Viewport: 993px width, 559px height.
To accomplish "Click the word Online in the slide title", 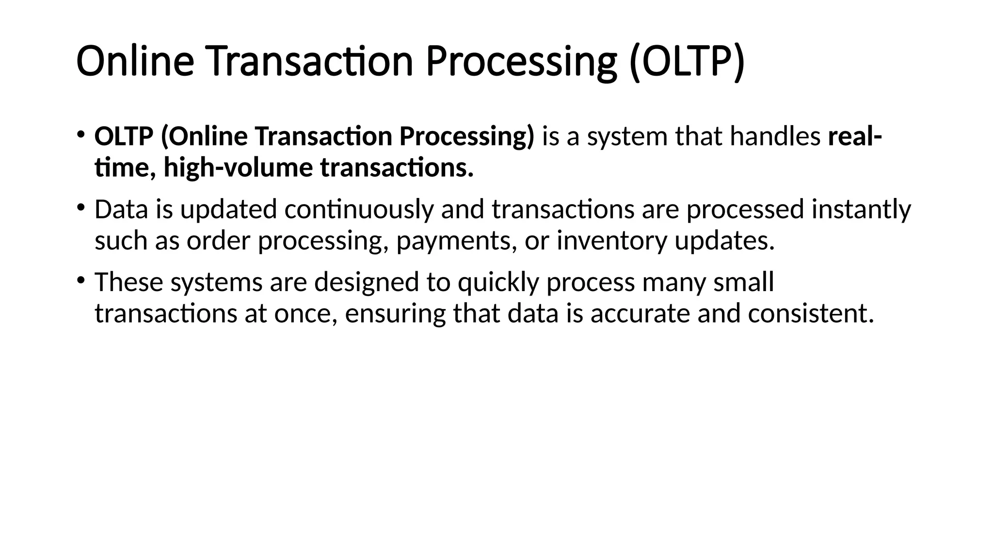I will [x=135, y=61].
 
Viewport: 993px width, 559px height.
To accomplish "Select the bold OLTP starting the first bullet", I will [x=124, y=136].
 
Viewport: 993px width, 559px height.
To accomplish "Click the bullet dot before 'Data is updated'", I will [x=80, y=207].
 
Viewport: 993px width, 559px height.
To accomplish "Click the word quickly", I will [x=498, y=282].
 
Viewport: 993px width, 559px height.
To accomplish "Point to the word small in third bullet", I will [x=743, y=282].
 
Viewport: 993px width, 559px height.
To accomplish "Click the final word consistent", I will [x=810, y=314].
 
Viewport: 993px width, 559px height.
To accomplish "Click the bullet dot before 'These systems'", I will [x=80, y=280].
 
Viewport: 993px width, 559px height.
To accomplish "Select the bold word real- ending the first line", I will [x=854, y=136].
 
